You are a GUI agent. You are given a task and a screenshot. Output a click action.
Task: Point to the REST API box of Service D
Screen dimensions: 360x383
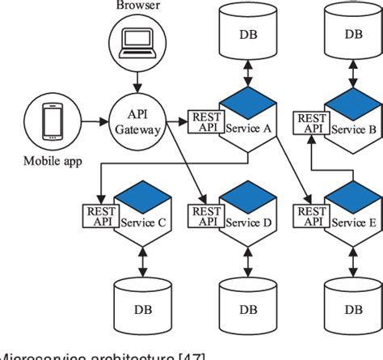(x=202, y=215)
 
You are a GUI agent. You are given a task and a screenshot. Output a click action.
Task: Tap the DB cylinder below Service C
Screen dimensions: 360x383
(x=135, y=305)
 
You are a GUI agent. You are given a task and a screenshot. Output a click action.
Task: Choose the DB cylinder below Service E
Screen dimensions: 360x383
(x=353, y=305)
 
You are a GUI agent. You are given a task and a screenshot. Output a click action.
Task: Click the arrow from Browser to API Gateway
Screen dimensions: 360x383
(x=137, y=81)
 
